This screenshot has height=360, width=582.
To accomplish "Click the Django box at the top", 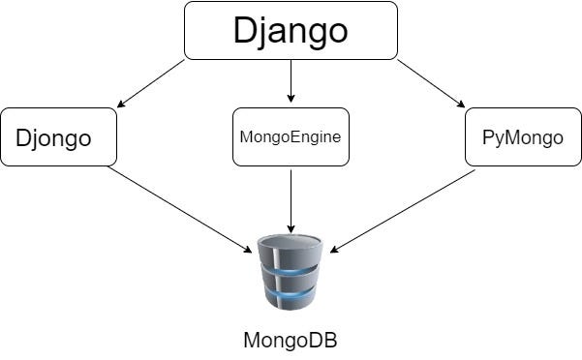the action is point(291,30).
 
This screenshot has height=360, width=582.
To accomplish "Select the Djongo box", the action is point(59,136).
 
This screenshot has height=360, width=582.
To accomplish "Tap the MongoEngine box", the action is point(291,136).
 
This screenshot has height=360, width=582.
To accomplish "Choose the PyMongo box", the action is point(523,136).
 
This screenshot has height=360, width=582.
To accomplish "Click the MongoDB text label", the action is point(291,340).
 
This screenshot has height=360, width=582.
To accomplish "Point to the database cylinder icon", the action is point(291,272).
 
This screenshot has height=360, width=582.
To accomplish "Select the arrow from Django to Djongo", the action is point(151,83).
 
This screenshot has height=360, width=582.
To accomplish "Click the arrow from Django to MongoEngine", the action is point(291,81).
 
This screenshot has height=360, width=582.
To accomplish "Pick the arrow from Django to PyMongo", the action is point(431,83).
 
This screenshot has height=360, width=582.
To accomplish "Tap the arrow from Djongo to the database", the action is point(180,209).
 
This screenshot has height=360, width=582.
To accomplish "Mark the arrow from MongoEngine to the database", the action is point(291,201).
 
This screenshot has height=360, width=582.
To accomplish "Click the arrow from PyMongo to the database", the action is point(403,211).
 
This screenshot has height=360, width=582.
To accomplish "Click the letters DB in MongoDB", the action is point(324,340).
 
